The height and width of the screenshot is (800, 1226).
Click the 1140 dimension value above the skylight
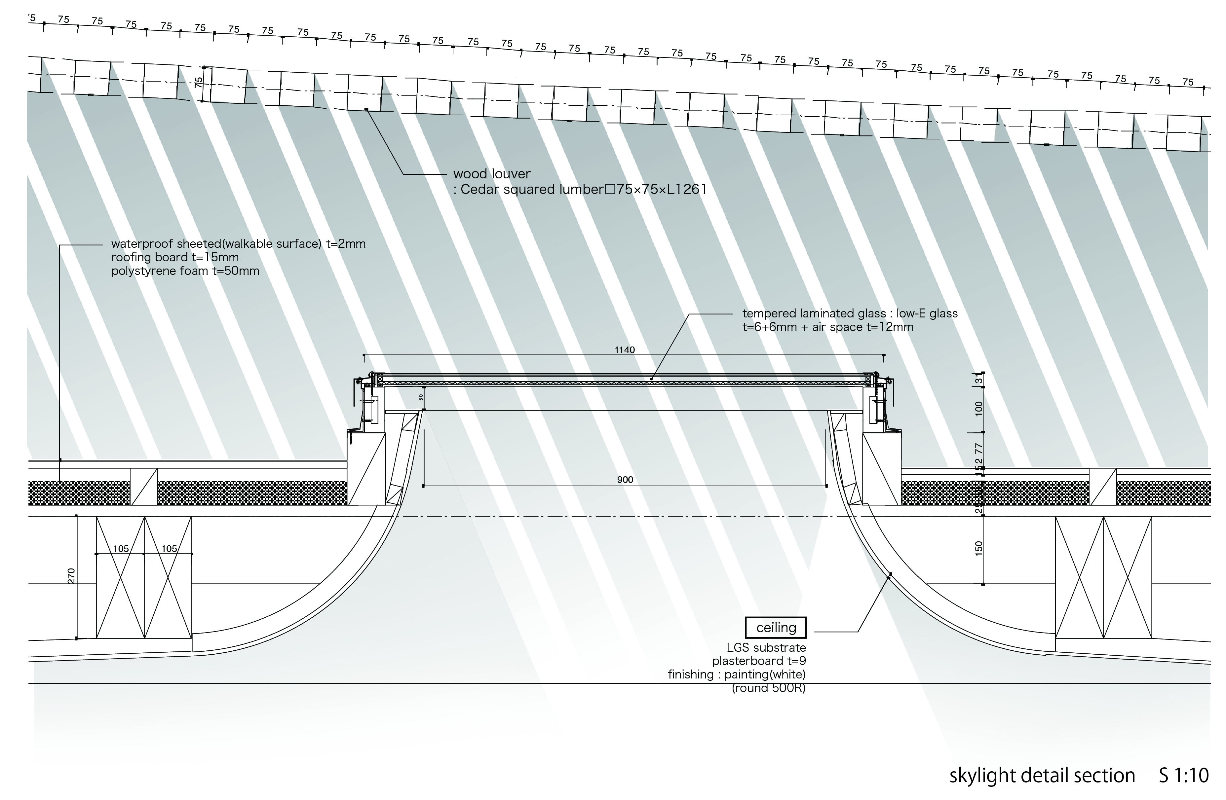[x=624, y=350]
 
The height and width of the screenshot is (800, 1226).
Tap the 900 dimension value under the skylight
[x=625, y=480]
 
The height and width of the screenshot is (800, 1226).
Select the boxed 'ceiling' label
[x=776, y=628]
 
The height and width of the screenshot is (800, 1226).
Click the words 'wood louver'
[x=491, y=174]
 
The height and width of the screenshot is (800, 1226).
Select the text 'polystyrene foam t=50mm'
[x=185, y=271]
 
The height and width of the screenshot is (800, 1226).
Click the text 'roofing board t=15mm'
[x=174, y=257]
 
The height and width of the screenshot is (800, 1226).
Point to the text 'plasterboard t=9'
[x=759, y=661]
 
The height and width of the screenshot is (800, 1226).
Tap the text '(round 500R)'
[x=769, y=688]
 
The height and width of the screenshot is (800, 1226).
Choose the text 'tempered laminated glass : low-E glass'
[x=849, y=313]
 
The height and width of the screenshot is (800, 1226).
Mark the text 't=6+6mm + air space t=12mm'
[x=827, y=327]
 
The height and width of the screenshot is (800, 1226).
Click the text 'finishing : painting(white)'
[x=736, y=674]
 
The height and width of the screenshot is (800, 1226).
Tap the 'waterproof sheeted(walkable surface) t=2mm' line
[x=238, y=243]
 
